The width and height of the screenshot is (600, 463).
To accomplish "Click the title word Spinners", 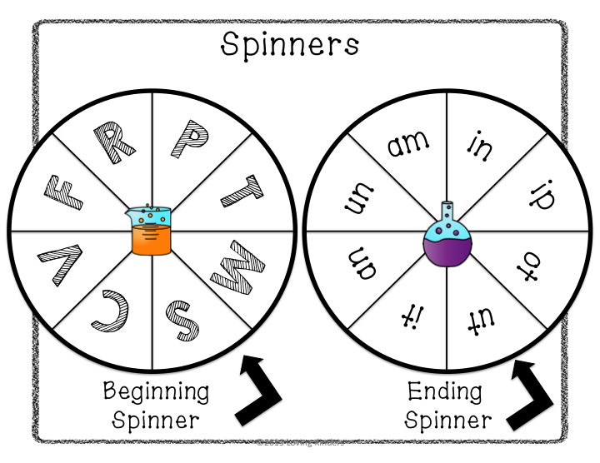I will [289, 44].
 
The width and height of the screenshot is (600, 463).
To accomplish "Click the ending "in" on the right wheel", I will [481, 147].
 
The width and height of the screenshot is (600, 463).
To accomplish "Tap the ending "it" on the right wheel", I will [408, 319].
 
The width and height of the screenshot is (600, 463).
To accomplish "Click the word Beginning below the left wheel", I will [157, 391].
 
